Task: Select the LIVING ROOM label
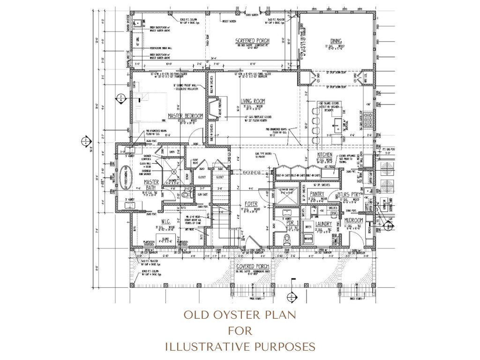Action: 253,101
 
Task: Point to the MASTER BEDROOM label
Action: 185,115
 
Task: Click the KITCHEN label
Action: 325,155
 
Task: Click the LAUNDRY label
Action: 323,224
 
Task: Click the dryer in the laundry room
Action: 309,226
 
